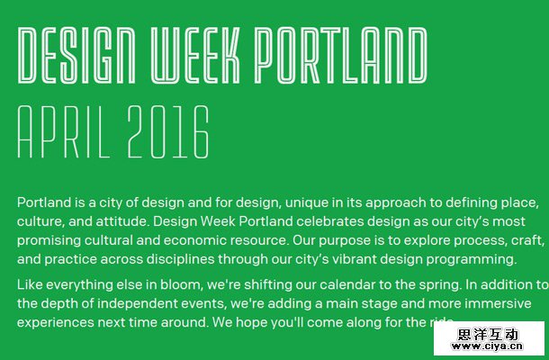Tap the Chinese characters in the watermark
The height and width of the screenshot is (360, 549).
[x=489, y=334]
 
